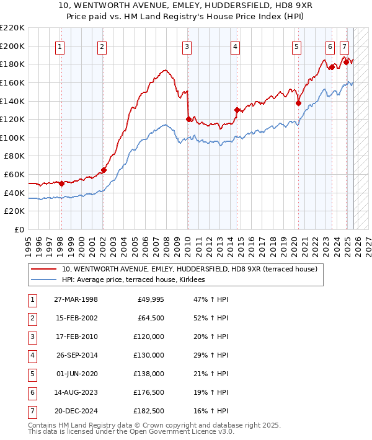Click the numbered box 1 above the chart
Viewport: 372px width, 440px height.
60,46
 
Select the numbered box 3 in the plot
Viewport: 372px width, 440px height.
187,46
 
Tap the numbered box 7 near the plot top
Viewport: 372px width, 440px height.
344,46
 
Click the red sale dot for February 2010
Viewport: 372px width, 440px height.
188,119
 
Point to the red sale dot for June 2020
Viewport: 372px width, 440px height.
298,103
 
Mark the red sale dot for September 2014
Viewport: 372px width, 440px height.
237,110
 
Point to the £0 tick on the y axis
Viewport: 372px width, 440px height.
20,229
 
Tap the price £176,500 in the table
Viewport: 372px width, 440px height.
149,392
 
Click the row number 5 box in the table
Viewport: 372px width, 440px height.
31,374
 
